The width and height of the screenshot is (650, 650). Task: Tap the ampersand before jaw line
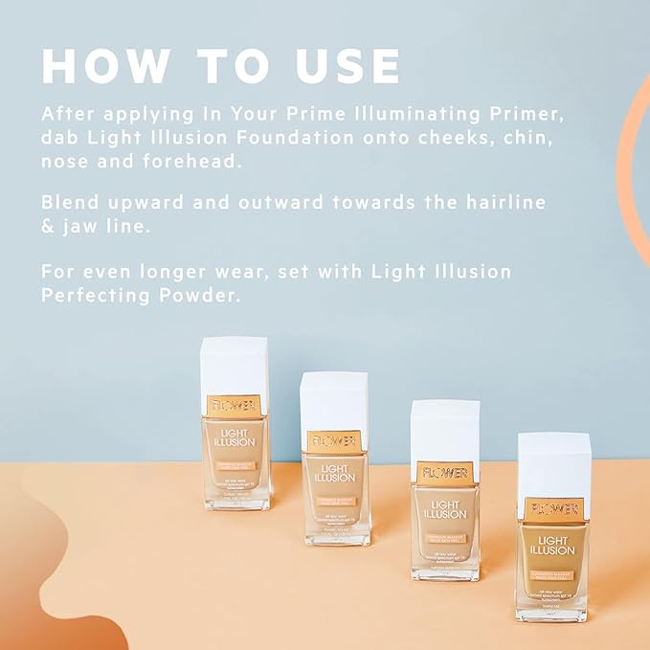tap(48, 227)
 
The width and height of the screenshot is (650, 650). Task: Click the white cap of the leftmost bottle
tap(235, 364)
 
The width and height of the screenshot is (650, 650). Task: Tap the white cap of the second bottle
tap(333, 399)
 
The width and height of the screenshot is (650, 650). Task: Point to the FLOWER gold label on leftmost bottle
tap(235, 405)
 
